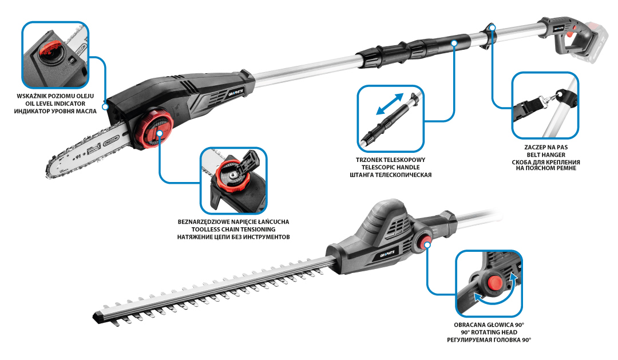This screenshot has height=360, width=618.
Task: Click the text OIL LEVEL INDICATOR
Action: click(x=56, y=104)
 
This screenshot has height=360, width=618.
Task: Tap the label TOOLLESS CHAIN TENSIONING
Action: click(x=233, y=230)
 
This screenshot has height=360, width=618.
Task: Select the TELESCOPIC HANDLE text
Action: click(x=391, y=167)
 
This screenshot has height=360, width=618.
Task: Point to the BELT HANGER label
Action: click(x=546, y=155)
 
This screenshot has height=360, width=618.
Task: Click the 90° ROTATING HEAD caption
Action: click(x=489, y=333)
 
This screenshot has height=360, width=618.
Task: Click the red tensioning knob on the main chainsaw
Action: click(x=155, y=129)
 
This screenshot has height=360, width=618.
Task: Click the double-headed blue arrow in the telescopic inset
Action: click(x=390, y=104)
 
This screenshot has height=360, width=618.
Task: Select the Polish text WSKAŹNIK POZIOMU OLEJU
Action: click(x=55, y=96)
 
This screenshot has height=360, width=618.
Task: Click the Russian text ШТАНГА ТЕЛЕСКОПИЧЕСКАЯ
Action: click(x=391, y=175)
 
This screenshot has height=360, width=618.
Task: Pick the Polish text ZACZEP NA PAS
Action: click(x=546, y=147)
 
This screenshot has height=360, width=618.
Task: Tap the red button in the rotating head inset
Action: click(x=494, y=283)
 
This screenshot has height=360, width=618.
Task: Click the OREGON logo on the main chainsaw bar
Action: click(x=112, y=141)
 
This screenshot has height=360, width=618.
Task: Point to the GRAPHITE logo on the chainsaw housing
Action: click(x=236, y=93)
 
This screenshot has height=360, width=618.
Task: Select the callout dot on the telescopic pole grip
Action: click(x=454, y=42)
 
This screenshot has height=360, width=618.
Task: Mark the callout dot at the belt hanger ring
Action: click(x=492, y=27)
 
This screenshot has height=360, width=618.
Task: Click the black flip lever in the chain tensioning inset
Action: click(x=248, y=160)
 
